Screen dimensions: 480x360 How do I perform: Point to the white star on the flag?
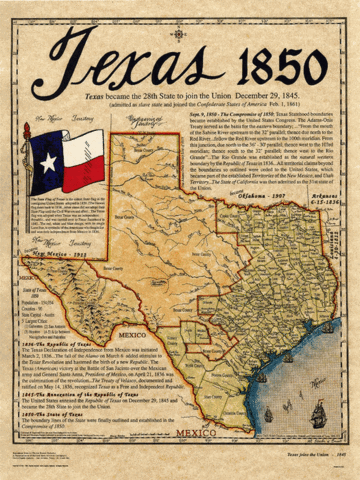click(x=49, y=163)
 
